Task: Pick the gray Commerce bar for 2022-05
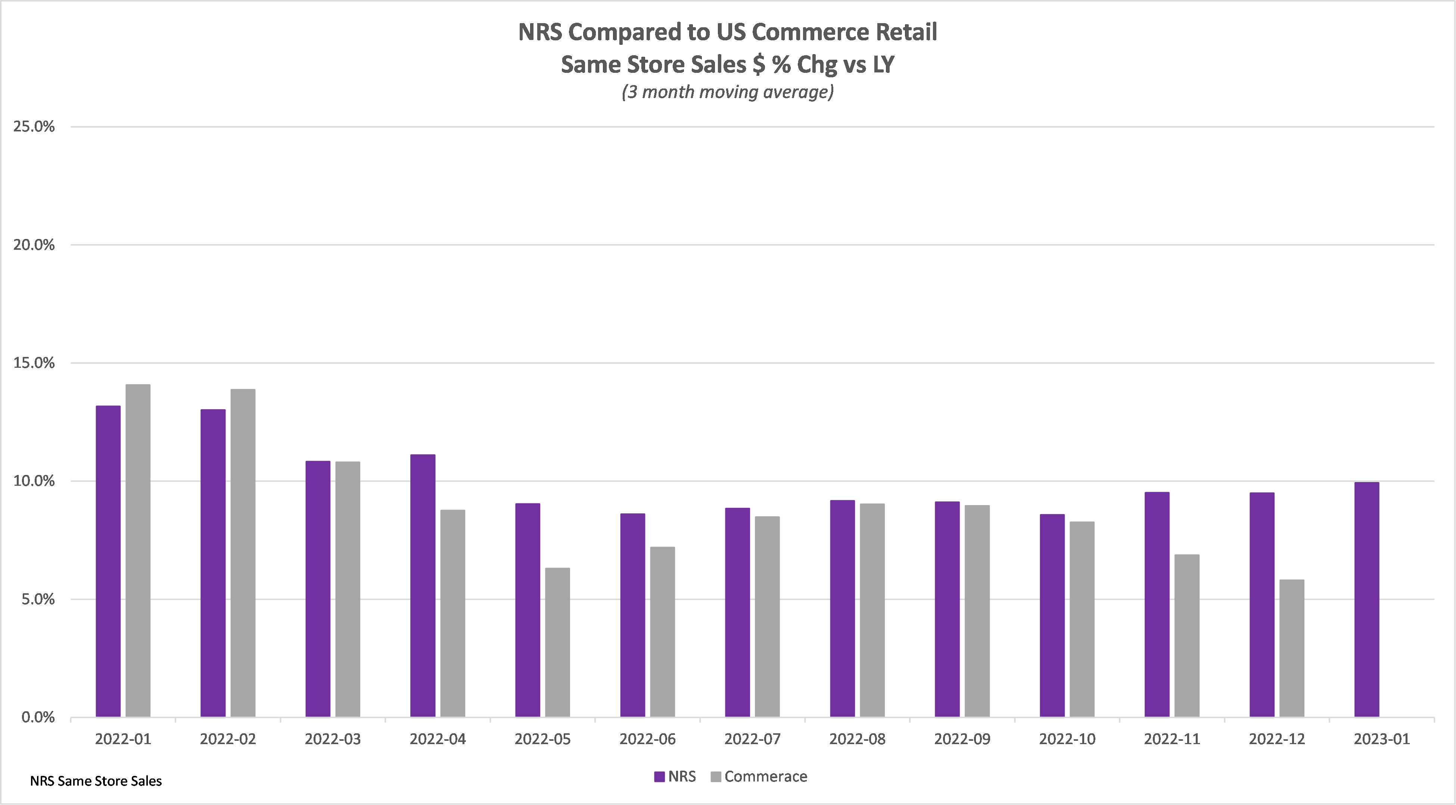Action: (x=557, y=642)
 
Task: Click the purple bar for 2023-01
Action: (x=1367, y=599)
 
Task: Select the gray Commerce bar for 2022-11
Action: (x=1186, y=635)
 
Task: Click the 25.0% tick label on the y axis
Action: (x=34, y=127)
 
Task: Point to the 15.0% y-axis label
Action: (x=34, y=363)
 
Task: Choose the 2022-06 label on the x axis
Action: (x=647, y=739)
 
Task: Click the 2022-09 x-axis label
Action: (x=962, y=739)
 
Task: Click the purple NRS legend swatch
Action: (x=659, y=777)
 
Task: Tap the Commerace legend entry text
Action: (x=765, y=776)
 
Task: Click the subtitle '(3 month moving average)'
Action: (x=727, y=91)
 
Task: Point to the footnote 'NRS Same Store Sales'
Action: (x=96, y=781)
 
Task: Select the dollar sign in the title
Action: (x=759, y=65)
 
